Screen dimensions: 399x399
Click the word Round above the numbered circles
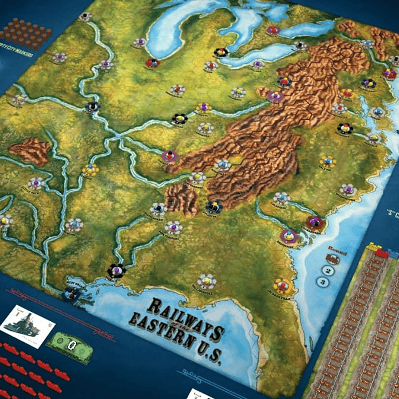pyautogui.click(x=337, y=250)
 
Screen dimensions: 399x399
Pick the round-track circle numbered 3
pyautogui.click(x=321, y=282)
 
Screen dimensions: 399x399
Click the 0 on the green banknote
pyautogui.click(x=70, y=345)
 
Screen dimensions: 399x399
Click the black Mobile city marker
pyautogui.click(x=117, y=271)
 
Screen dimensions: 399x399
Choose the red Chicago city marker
pyautogui.click(x=152, y=63)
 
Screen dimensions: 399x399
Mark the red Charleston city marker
pyautogui.click(x=315, y=223)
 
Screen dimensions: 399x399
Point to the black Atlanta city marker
pyautogui.click(x=214, y=206)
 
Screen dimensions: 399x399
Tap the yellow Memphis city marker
pyautogui.click(x=90, y=169)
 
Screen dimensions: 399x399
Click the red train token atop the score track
pyautogui.click(x=382, y=254)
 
